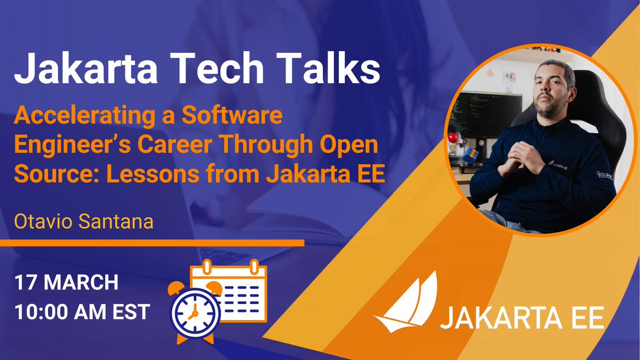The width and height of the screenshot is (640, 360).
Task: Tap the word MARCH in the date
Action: point(82,282)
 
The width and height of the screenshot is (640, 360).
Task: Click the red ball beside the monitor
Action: point(453,138)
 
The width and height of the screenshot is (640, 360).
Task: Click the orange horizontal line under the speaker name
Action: point(152,243)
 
